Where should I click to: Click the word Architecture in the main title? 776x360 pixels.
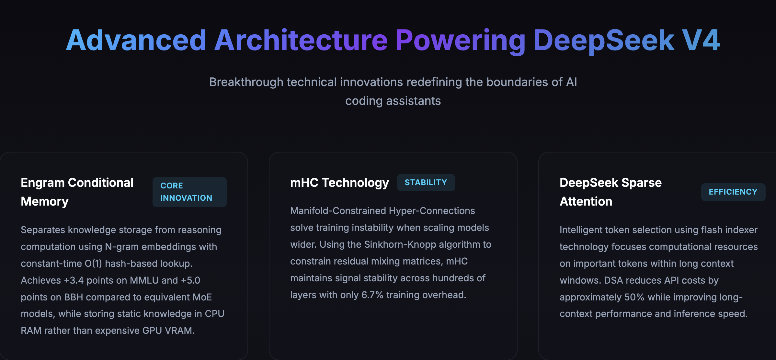(x=301, y=40)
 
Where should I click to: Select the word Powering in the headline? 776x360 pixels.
(x=460, y=40)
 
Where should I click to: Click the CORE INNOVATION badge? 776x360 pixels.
(x=189, y=192)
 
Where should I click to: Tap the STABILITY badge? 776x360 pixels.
(x=426, y=183)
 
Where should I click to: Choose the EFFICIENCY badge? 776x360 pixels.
(x=733, y=192)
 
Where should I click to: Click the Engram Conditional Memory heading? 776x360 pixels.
(x=77, y=192)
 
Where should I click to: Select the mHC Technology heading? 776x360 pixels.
(x=339, y=183)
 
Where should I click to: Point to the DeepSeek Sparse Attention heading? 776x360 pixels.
(x=611, y=192)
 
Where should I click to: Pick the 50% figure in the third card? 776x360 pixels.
(x=634, y=297)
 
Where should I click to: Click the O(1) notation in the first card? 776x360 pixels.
(x=93, y=264)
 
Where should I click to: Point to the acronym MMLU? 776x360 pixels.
(x=144, y=280)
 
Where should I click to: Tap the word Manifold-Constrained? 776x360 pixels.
(x=337, y=211)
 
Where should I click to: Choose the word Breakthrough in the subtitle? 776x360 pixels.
(x=246, y=82)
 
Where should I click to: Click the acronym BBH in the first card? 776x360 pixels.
(x=74, y=297)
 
